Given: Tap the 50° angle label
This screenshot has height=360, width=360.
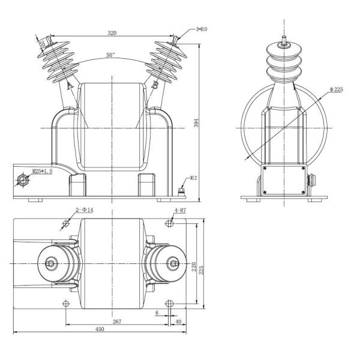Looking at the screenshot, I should coord(110,55).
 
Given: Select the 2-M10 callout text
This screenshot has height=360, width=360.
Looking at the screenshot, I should coord(203,28).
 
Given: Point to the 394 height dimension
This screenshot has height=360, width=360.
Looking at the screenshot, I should coord(204,122).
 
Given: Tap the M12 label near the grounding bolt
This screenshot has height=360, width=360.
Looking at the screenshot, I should coord(194,178).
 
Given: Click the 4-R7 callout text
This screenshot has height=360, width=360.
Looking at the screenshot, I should coord(181,211).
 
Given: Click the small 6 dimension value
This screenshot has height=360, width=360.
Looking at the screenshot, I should coord(157,313).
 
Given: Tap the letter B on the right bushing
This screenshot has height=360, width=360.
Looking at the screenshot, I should coord(155,86).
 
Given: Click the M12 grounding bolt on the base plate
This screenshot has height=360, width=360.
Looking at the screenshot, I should coord(181,191).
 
